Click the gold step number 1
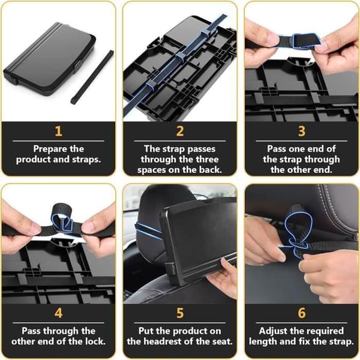click(58, 131)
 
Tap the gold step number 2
click(180, 131)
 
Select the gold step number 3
click(302, 131)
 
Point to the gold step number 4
click(58, 313)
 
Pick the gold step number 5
click(180, 313)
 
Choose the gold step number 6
click(302, 313)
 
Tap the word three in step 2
click(208, 160)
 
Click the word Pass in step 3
click(277, 149)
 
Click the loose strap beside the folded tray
click(92, 77)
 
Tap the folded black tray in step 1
click(49, 59)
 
